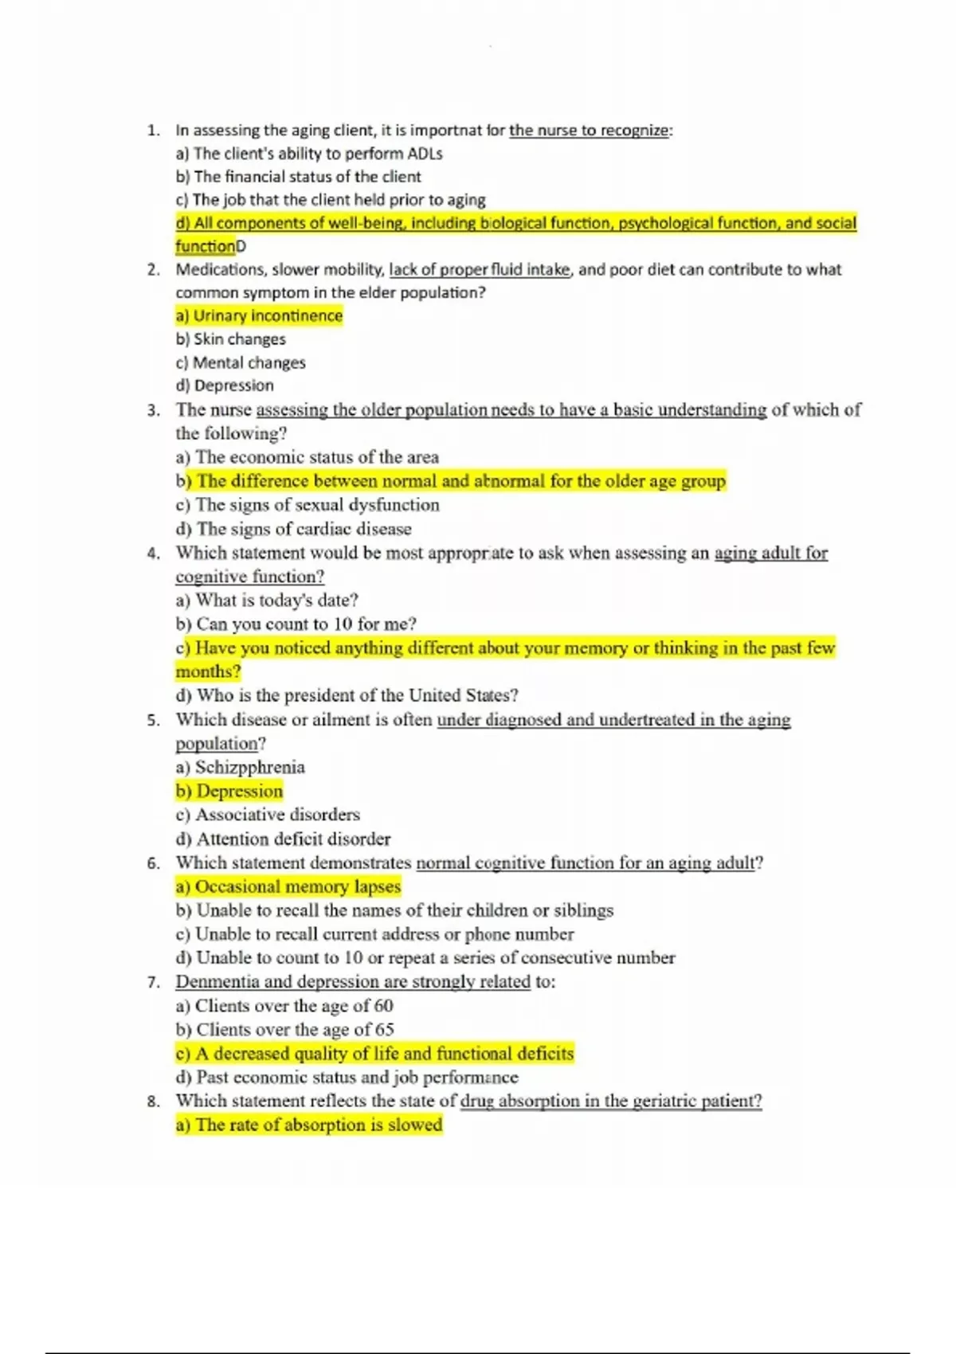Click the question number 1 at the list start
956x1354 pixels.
point(153,131)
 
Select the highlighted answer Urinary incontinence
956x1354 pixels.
point(260,316)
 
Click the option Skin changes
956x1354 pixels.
point(231,339)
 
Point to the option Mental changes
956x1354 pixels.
point(241,363)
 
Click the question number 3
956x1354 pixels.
point(153,411)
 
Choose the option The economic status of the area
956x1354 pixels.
point(308,457)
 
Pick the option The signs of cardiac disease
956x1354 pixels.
point(294,529)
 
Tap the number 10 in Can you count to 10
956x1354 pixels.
point(343,624)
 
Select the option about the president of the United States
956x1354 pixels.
point(347,695)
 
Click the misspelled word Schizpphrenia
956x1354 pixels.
point(250,767)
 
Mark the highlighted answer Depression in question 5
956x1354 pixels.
point(230,791)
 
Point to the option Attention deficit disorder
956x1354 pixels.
point(284,839)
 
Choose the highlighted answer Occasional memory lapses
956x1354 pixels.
point(288,886)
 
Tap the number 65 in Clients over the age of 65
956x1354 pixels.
point(384,1030)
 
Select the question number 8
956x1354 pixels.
point(153,1102)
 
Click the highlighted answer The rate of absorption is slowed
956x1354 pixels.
point(309,1125)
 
